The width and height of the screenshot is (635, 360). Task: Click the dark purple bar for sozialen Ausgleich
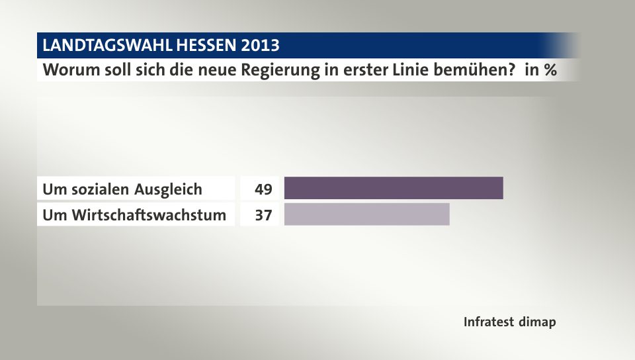(394, 189)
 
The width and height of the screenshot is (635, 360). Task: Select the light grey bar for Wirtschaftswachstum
(366, 214)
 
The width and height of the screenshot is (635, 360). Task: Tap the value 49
(263, 189)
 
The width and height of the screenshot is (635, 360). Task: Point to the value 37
(263, 215)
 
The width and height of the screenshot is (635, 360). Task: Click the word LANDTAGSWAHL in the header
(105, 46)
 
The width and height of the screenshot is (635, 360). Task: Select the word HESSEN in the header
(206, 46)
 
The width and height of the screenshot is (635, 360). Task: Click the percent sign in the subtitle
(549, 69)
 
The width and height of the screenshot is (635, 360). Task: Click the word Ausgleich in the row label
(169, 189)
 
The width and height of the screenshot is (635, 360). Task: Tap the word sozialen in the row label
(101, 189)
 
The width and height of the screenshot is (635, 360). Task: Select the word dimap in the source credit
(536, 322)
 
